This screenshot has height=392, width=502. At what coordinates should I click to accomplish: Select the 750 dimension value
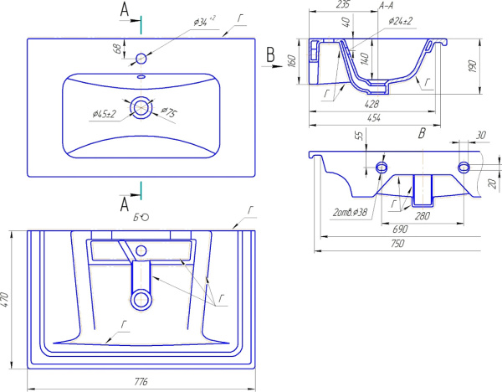tap(397, 244)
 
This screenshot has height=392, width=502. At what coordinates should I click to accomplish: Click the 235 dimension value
tap(319, 5)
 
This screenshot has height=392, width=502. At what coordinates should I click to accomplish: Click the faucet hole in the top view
tap(141, 58)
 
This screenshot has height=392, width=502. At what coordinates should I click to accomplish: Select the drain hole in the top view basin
tap(141, 106)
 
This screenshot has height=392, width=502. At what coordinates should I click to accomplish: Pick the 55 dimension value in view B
tap(359, 135)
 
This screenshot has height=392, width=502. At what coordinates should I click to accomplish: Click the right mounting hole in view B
tap(464, 168)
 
